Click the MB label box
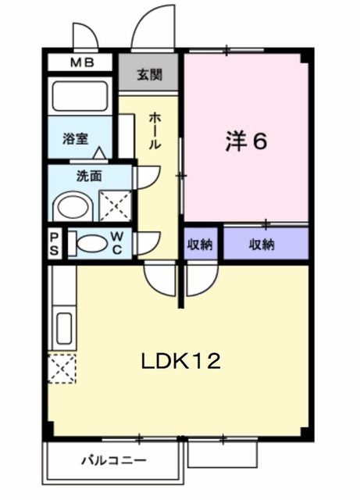[82, 62]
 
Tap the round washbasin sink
[74, 207]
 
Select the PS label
[55, 244]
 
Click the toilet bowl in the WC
[91, 244]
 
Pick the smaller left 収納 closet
[200, 245]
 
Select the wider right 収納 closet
[262, 245]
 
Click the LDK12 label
[180, 361]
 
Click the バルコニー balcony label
[113, 460]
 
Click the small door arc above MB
[83, 37]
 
